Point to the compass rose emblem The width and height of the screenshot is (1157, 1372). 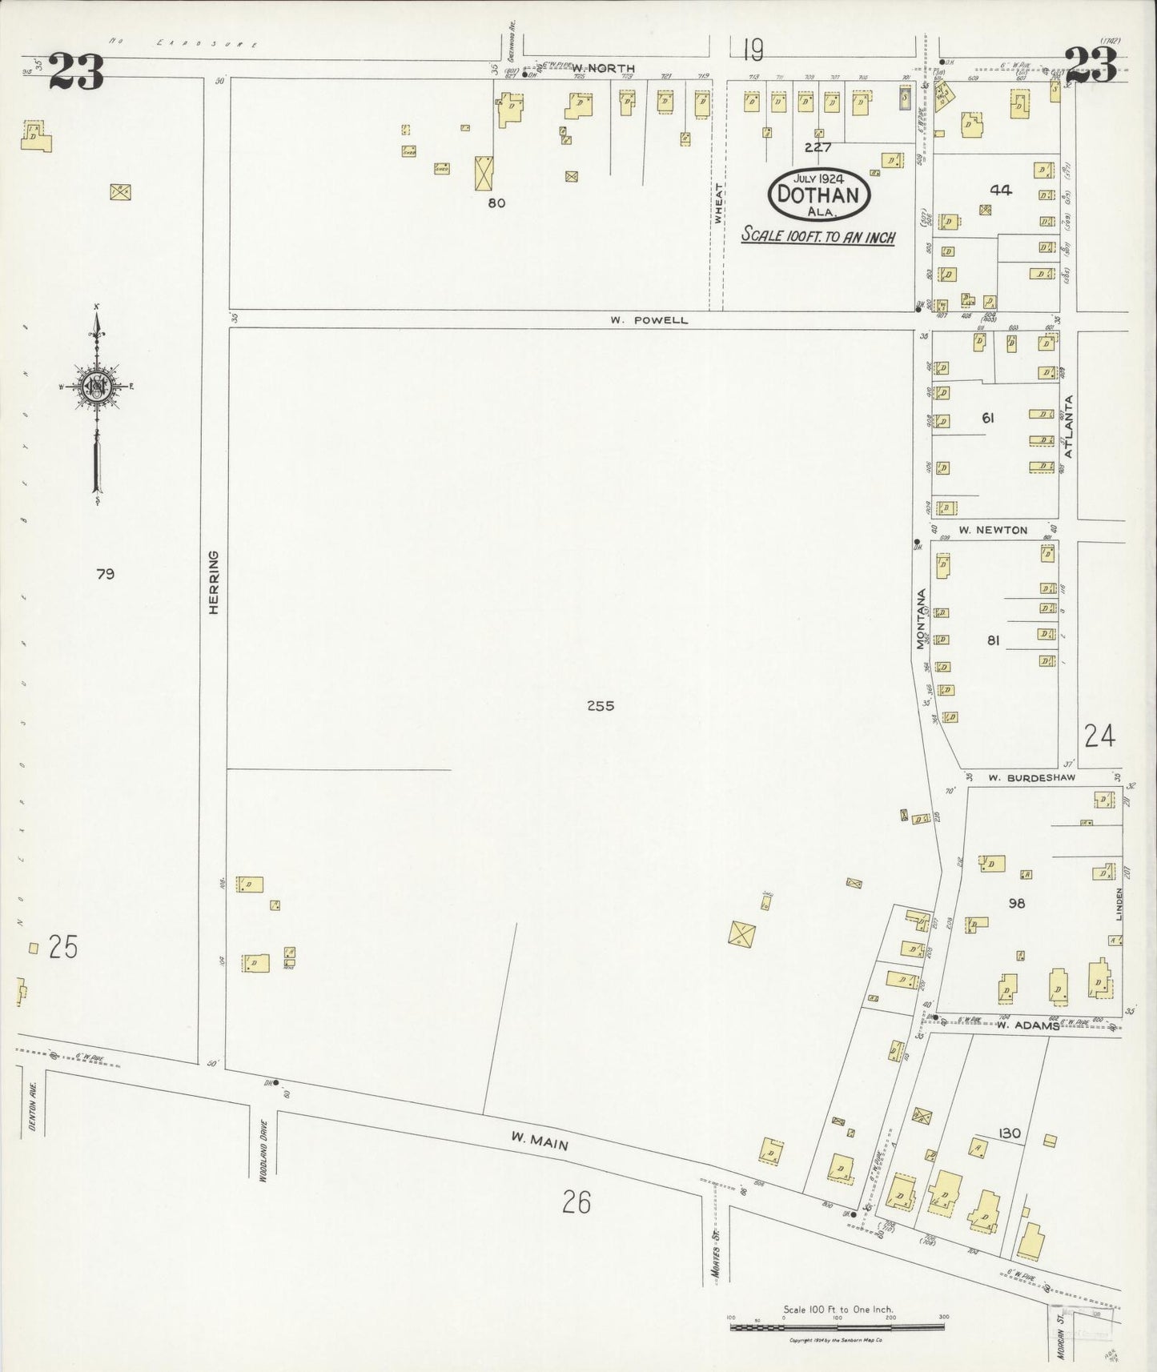97,388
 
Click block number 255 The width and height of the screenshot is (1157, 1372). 600,706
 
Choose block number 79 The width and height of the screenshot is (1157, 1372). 105,574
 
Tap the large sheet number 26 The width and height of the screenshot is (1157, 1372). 576,1202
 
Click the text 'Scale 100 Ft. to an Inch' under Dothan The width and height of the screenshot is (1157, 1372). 818,237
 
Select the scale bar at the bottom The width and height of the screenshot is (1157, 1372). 837,1327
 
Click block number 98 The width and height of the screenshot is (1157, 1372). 1017,904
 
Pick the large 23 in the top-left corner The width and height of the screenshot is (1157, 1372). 76,72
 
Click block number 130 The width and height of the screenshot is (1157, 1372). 1009,1133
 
